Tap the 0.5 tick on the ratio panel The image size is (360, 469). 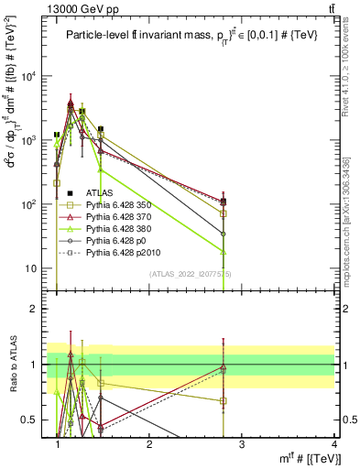(34, 420)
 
